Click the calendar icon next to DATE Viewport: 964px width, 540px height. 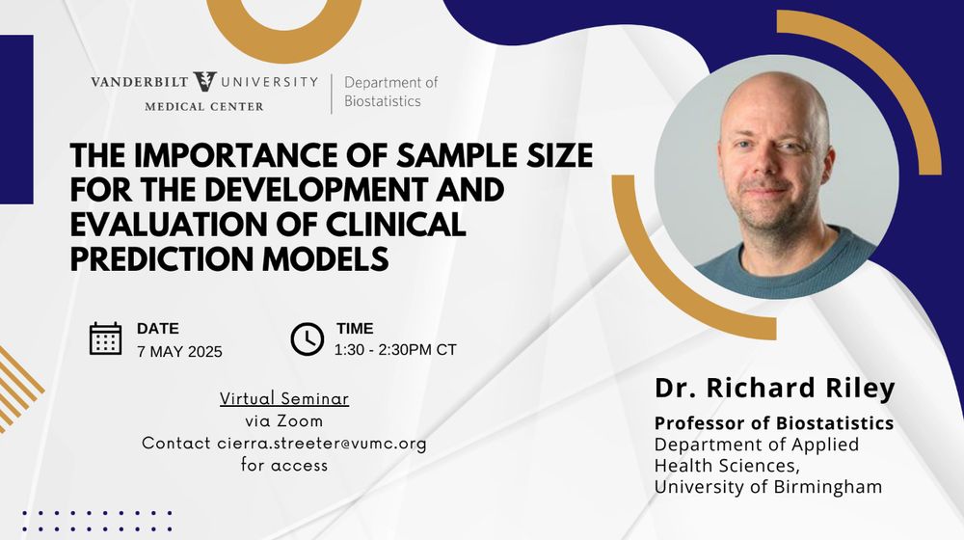point(106,338)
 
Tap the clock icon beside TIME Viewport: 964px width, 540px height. point(307,338)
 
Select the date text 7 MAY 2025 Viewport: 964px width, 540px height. point(179,352)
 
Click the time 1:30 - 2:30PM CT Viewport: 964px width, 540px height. point(395,350)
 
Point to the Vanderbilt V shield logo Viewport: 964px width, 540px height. point(204,81)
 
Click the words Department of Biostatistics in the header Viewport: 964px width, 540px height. point(391,92)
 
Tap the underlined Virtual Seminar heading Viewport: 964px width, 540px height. point(284,398)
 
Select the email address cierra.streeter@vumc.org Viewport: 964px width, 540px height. point(322,444)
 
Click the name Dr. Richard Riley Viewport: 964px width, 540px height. point(775,388)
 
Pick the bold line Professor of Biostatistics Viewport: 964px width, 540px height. point(774,423)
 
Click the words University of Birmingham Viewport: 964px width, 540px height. point(768,487)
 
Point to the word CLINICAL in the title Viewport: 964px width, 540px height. point(395,224)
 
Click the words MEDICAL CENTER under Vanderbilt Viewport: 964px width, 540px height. point(204,107)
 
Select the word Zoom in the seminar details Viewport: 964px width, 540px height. point(300,421)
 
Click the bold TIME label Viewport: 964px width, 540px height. point(355,329)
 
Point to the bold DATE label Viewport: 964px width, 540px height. point(158,329)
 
